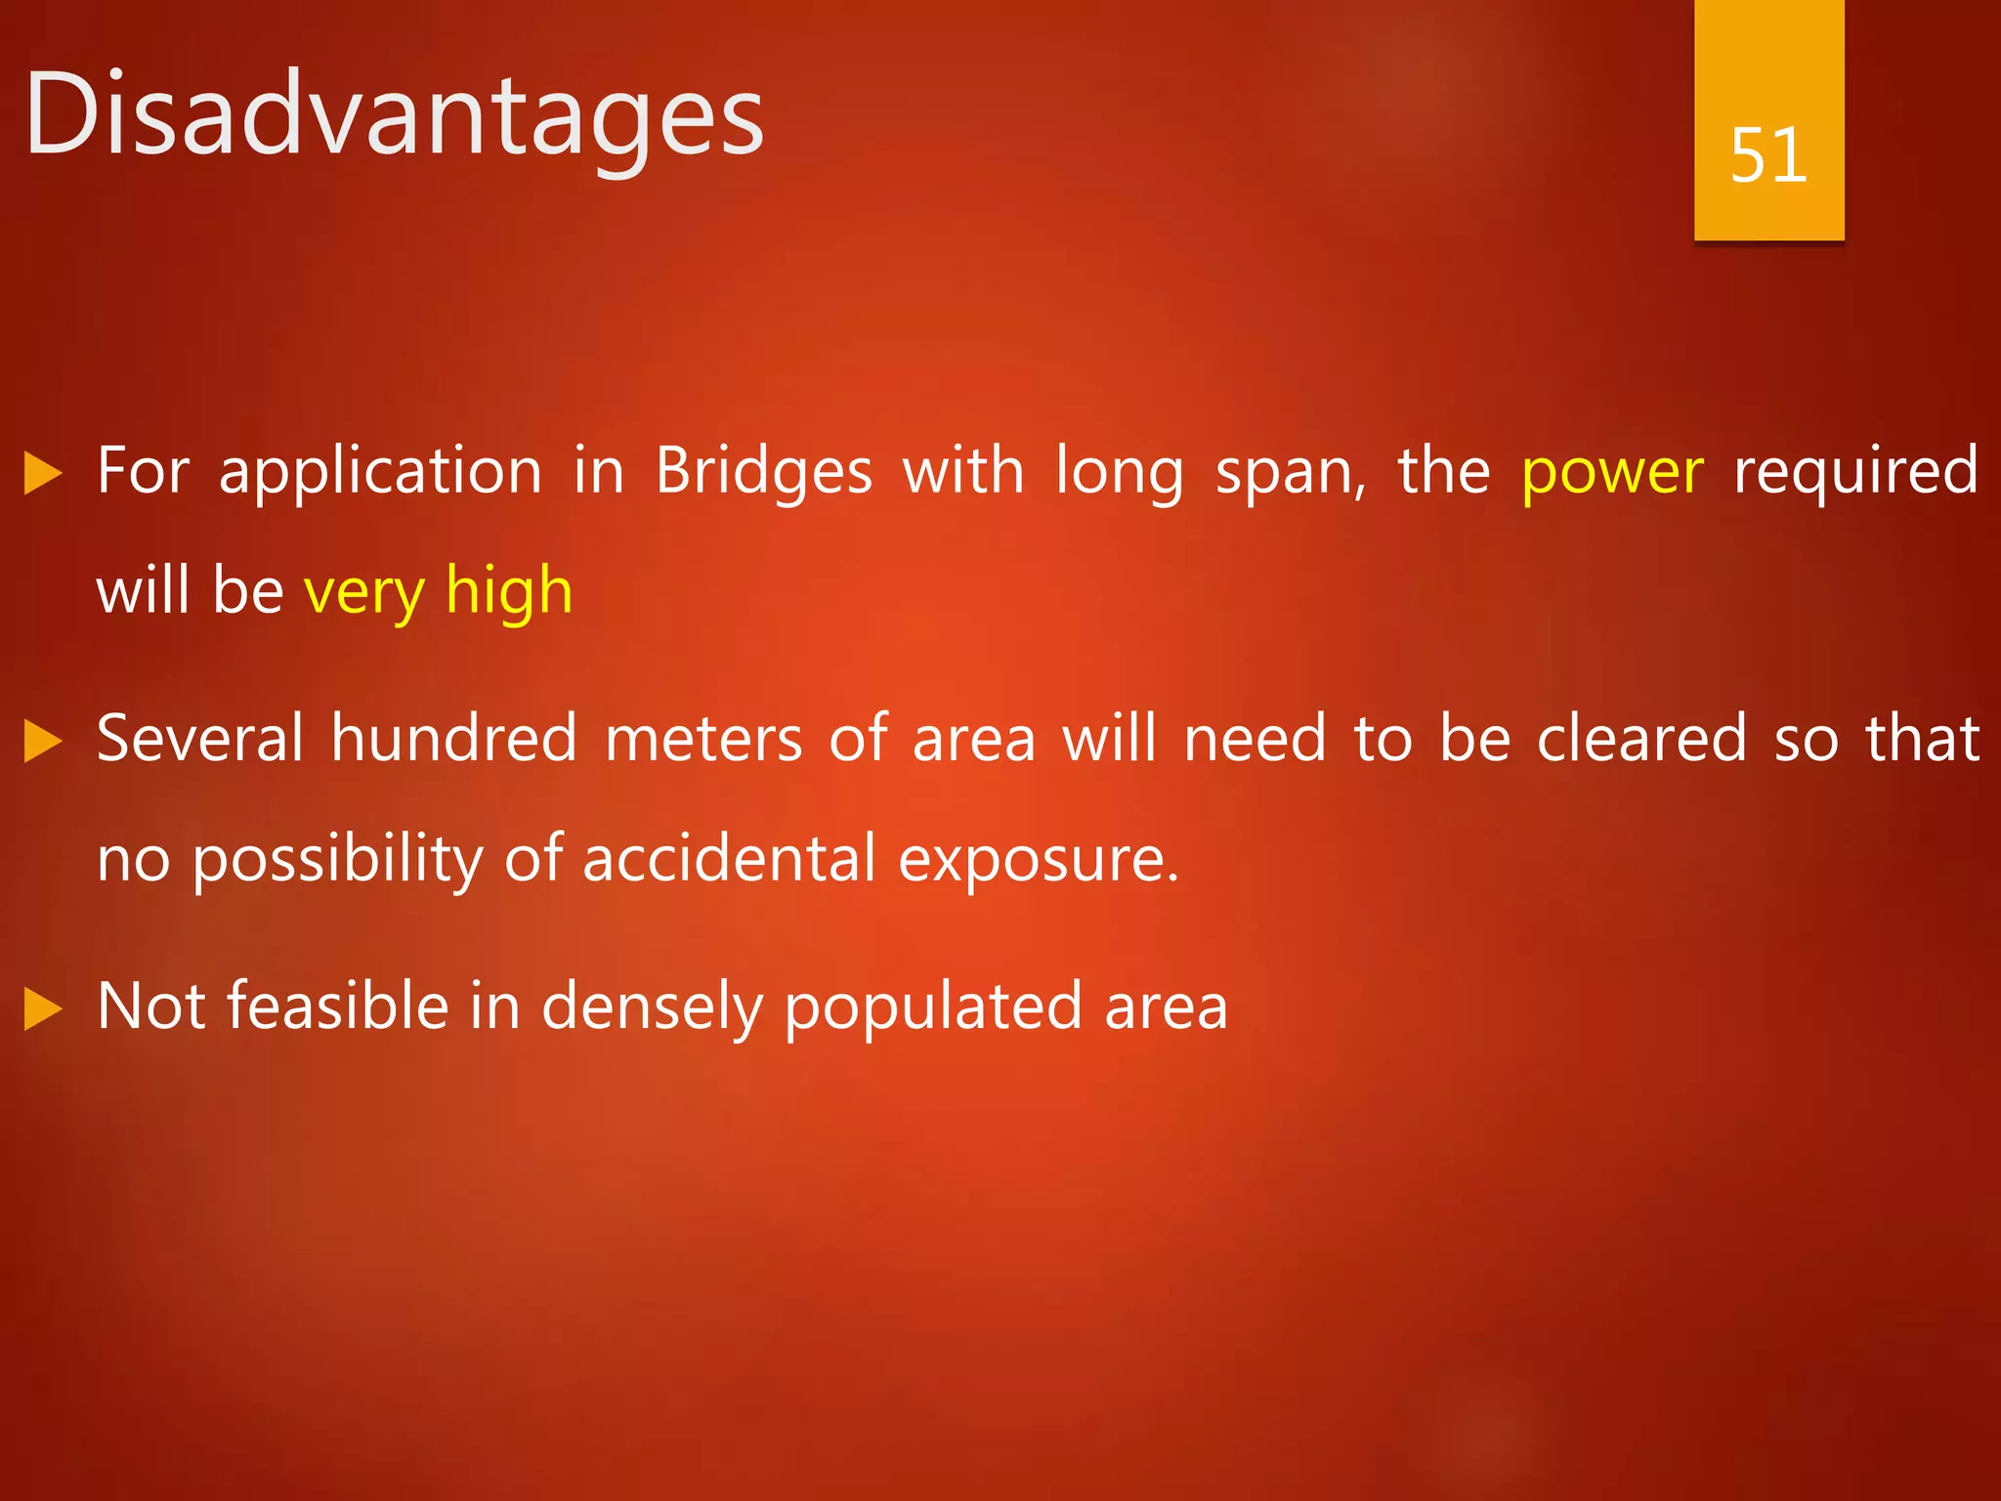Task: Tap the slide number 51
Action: [1767, 155]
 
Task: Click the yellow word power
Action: [1612, 474]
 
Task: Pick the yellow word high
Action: [508, 592]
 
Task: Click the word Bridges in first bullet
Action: [763, 474]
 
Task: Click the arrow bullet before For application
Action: [43, 474]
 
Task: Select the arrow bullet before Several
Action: [43, 742]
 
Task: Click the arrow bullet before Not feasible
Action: [43, 1009]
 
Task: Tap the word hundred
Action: [453, 739]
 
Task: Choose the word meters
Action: [703, 739]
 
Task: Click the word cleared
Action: [1641, 739]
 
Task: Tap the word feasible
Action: [337, 1007]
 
